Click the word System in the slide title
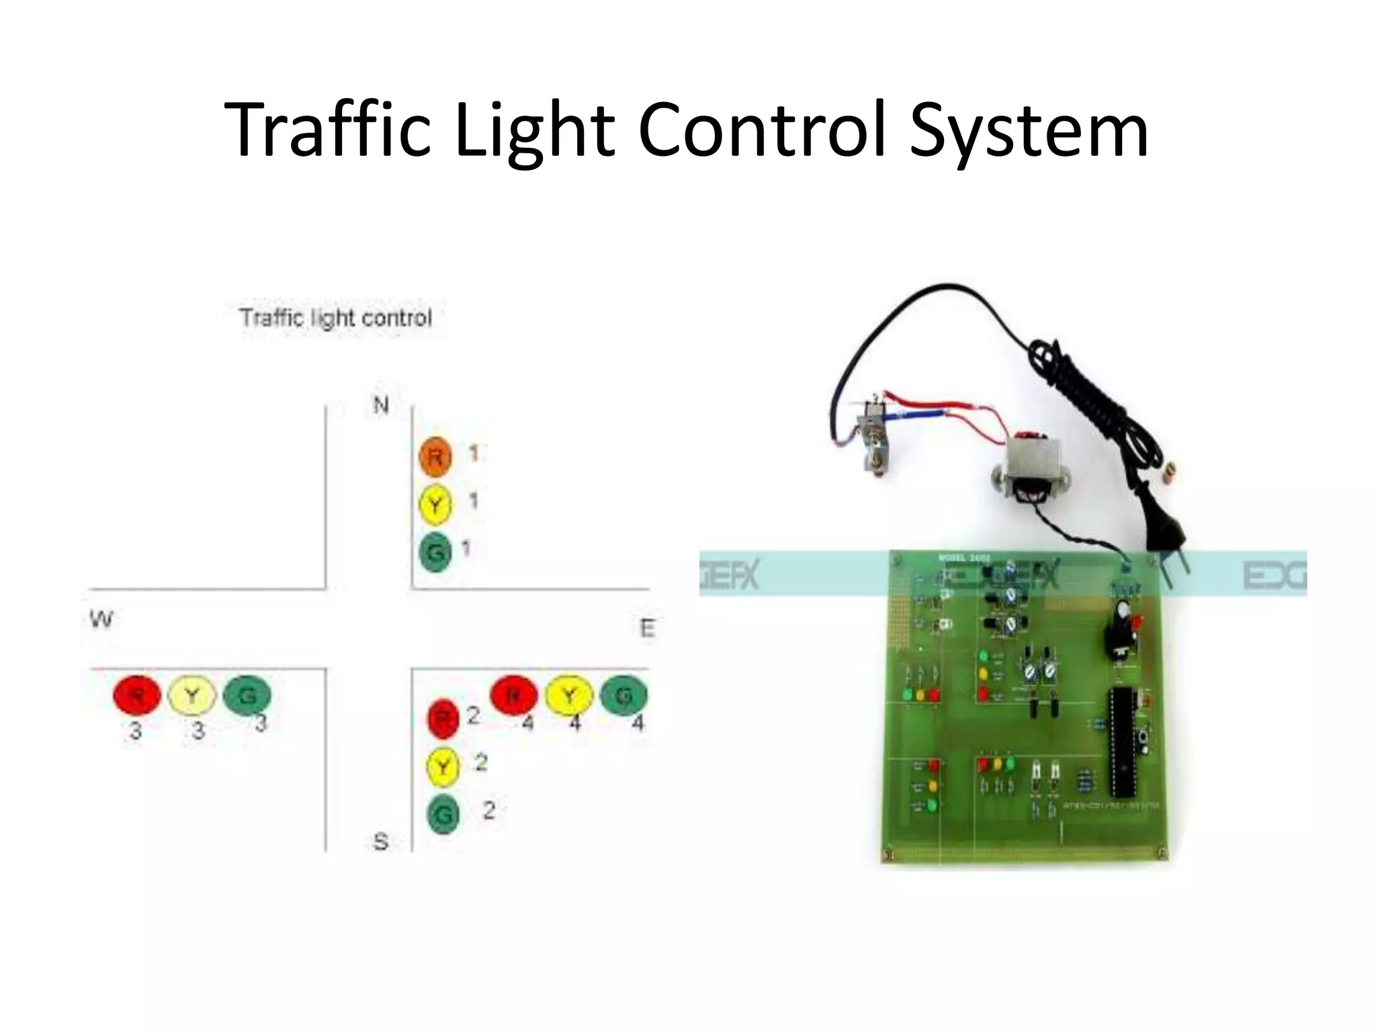1028,131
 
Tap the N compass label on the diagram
381,405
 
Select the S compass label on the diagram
381,841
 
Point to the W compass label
101,619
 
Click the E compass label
647,629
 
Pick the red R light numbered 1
435,458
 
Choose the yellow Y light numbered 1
435,505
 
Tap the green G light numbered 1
435,552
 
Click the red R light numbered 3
137,695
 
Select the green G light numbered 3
247,695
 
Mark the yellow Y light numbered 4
569,695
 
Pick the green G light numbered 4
623,695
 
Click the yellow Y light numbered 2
443,767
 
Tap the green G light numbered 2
443,814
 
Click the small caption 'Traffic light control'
336,318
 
